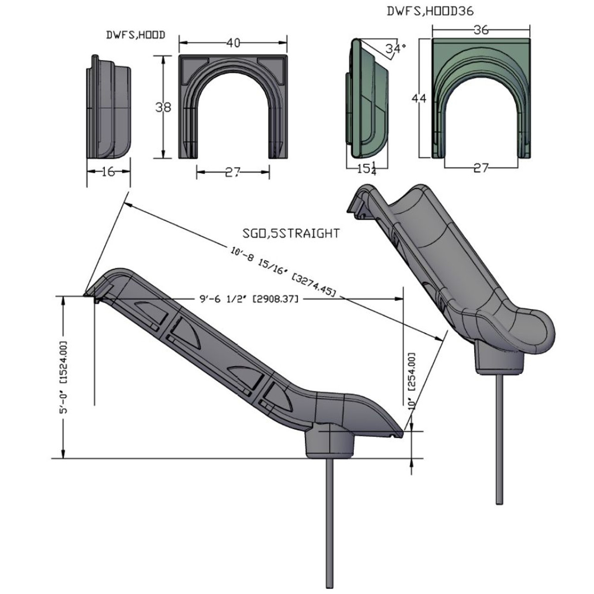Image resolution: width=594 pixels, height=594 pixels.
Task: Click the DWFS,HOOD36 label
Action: point(430,12)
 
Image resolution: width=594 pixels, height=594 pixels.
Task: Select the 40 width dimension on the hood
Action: point(233,43)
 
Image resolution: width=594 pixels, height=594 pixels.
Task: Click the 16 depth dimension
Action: point(108,172)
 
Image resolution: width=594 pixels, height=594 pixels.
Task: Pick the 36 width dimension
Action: point(482,30)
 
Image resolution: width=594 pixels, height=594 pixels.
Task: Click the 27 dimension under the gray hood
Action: point(233,173)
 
